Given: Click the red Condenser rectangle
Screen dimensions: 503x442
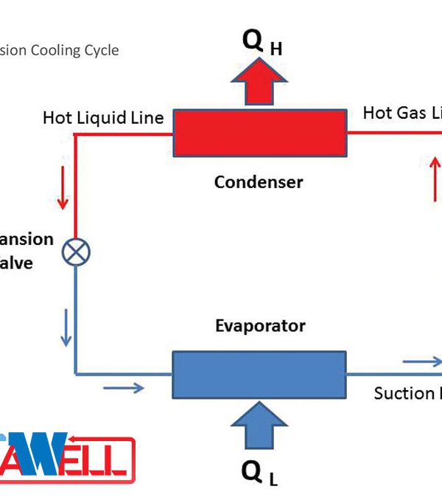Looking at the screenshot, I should pos(259,133).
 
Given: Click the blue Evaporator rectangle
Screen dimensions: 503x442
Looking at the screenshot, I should pos(259,374).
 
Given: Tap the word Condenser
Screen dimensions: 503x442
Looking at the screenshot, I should pos(259,181).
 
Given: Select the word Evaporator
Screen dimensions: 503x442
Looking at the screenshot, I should pos(260,325).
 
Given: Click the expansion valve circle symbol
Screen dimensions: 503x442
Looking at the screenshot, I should pos(76,252).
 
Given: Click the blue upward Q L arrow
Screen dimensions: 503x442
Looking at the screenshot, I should pos(259,423).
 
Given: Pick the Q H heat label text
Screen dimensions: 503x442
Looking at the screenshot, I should pos(262,45).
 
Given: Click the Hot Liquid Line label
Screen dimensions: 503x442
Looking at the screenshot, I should pos(103,118).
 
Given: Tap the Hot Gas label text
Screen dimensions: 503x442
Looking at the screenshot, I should pos(402,114).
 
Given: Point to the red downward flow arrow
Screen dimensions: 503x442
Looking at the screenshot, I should pos(63,187).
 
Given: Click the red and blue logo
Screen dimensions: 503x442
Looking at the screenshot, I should pos(66,454).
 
